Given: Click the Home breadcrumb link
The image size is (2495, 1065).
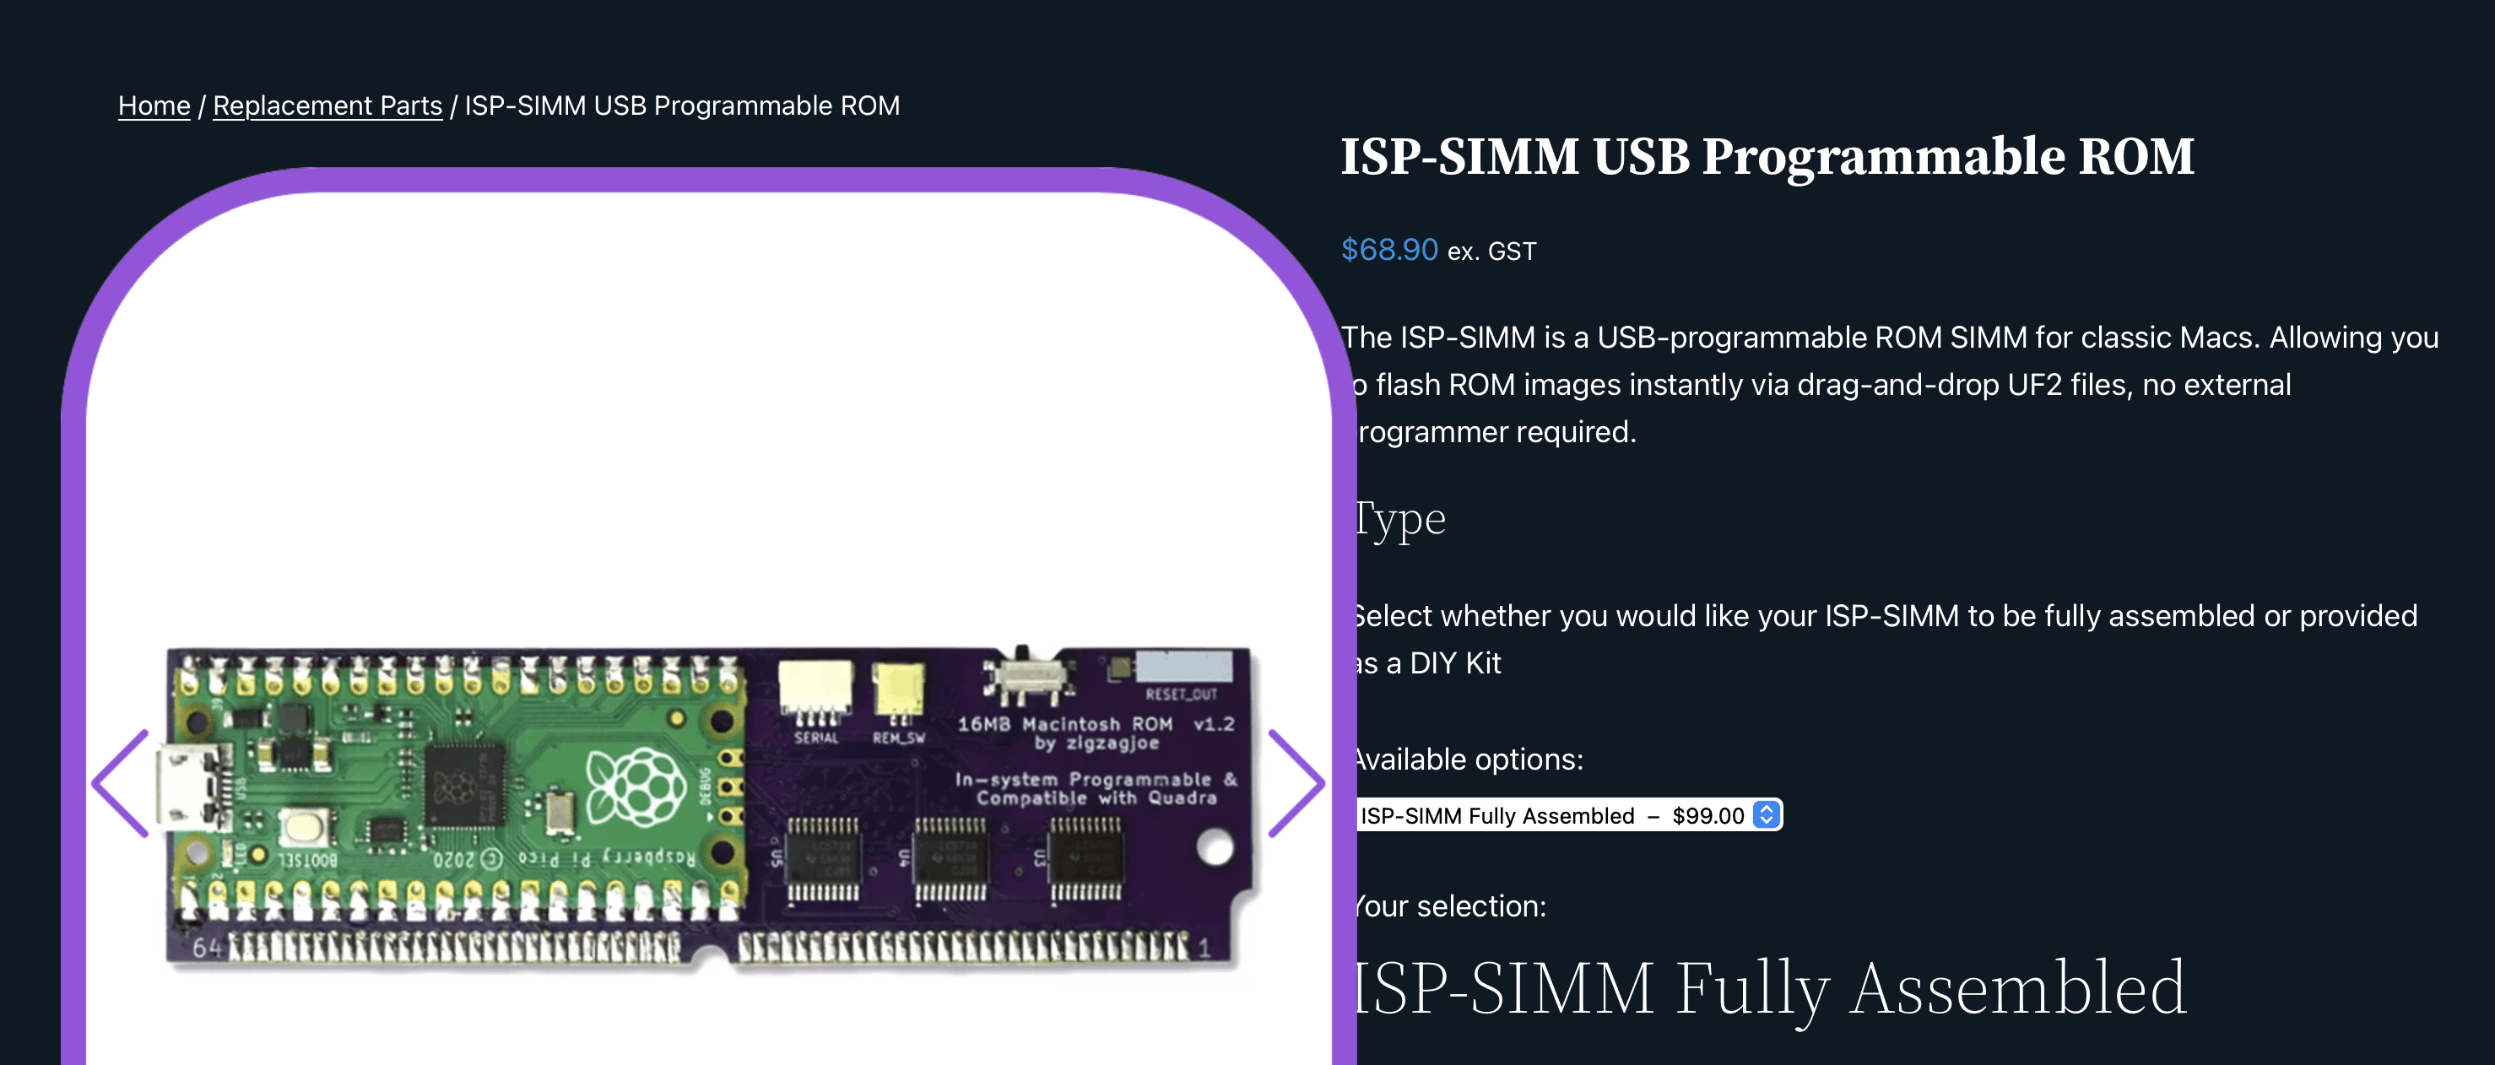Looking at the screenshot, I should coord(154,105).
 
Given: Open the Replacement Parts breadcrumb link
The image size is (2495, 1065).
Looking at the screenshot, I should coord(327,105).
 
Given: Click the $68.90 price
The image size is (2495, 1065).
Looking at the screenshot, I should coord(1389,250).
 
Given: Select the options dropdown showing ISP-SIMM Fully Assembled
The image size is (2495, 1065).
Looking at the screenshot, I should coord(1568,815).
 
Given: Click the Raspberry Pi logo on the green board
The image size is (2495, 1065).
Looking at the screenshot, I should coord(636,787).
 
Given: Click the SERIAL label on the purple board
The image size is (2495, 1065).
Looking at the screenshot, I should coord(815,738).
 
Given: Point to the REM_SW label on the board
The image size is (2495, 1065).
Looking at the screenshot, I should coord(898,738).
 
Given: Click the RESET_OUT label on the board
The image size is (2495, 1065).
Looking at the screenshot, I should coord(1181,695).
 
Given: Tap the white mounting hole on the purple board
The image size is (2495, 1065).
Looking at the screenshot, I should coord(1215,848).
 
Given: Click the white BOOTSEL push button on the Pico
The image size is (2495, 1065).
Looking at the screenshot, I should coord(304,826).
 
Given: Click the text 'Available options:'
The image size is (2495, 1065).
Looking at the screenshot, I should coord(1467,759).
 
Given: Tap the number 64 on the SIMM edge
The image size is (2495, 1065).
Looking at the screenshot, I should coord(206,948).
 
